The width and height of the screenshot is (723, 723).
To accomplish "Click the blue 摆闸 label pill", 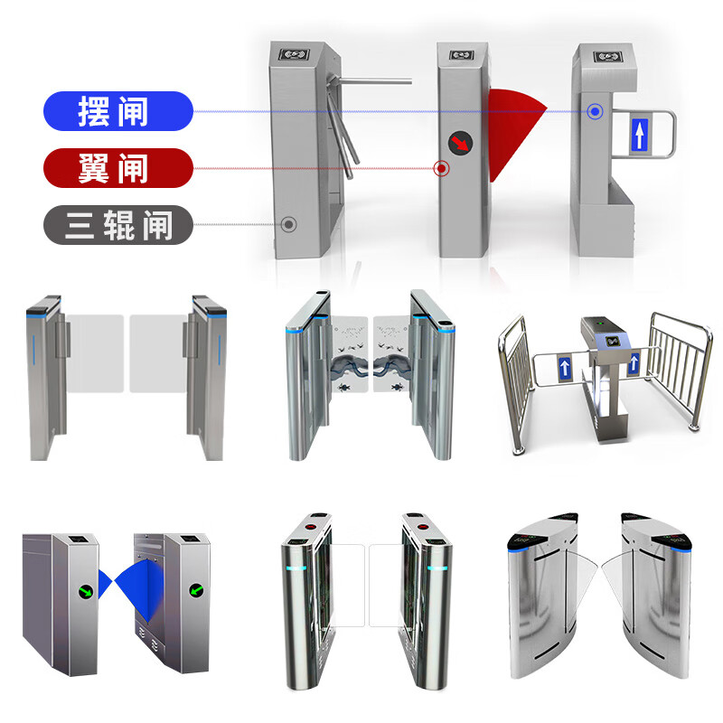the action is [118, 111].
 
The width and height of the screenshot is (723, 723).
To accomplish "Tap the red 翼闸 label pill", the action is [118, 168].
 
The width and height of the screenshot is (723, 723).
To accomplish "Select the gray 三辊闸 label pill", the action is [118, 224].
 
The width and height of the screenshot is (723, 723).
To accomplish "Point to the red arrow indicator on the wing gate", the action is [461, 143].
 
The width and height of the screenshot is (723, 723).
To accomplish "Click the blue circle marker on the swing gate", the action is [595, 111].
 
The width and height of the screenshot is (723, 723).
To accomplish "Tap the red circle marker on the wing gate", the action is [442, 168].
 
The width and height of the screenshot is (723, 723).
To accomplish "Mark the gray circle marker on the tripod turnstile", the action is [288, 224].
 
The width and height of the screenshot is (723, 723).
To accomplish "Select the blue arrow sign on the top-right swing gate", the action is [639, 135].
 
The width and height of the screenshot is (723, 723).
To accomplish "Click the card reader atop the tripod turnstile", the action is [295, 55].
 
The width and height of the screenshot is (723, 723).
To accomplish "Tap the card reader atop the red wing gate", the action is [462, 55].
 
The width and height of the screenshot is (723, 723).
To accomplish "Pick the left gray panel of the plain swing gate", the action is [95, 353].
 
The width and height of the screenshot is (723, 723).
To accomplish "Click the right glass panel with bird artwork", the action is [391, 354].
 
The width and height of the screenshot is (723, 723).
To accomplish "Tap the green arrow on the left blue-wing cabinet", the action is [86, 591].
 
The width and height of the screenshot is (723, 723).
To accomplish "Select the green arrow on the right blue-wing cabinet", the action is [197, 590].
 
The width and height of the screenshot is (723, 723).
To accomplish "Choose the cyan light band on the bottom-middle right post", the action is [437, 568].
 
